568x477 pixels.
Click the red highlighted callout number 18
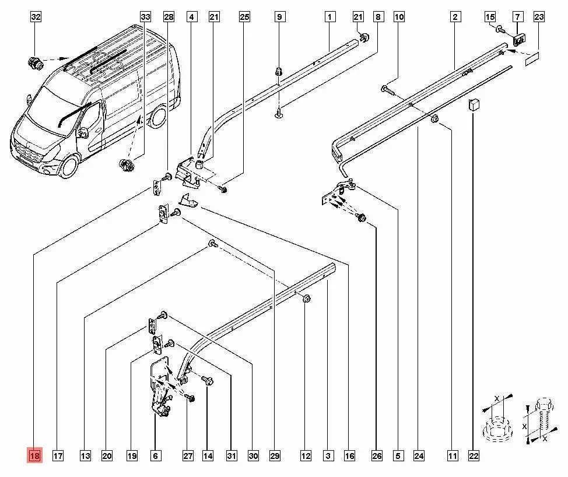pos(35,455)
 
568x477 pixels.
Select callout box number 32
pos(36,17)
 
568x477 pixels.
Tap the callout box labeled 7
pos(517,17)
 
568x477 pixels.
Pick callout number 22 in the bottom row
pos(474,455)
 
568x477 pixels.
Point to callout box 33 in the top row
pos(145,17)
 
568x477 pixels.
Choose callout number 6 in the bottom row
pos(155,455)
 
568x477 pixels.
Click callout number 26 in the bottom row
pos(377,455)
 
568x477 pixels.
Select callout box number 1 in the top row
pos(329,17)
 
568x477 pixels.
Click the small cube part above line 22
pos(474,104)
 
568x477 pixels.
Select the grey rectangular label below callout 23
pos(532,58)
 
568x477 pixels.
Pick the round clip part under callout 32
pos(36,64)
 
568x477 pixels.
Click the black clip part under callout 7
pos(520,38)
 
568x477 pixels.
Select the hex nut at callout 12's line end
pos(307,299)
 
